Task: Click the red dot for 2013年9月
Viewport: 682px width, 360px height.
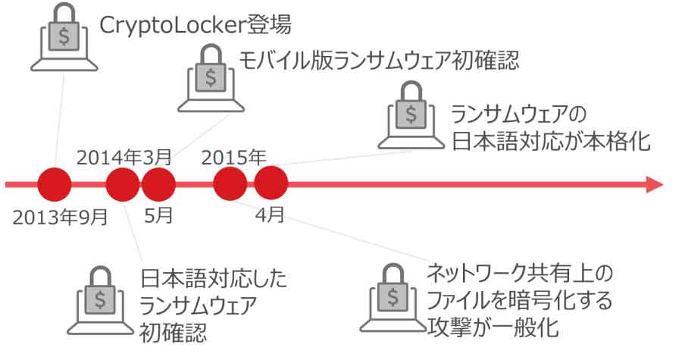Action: coord(54,184)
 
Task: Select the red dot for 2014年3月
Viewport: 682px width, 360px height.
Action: coord(122,184)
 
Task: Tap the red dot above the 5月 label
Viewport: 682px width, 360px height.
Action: coord(158,184)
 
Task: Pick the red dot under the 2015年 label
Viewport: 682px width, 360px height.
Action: coord(230,184)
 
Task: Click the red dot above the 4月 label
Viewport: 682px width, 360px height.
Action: coord(271,184)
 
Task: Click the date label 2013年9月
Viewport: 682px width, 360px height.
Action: coord(61,218)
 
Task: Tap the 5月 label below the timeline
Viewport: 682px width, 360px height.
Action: coord(159,214)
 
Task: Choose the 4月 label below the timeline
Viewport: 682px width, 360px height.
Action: coord(270,214)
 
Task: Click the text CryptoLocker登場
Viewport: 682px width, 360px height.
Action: coord(196,25)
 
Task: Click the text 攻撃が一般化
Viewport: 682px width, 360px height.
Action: coord(493,328)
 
